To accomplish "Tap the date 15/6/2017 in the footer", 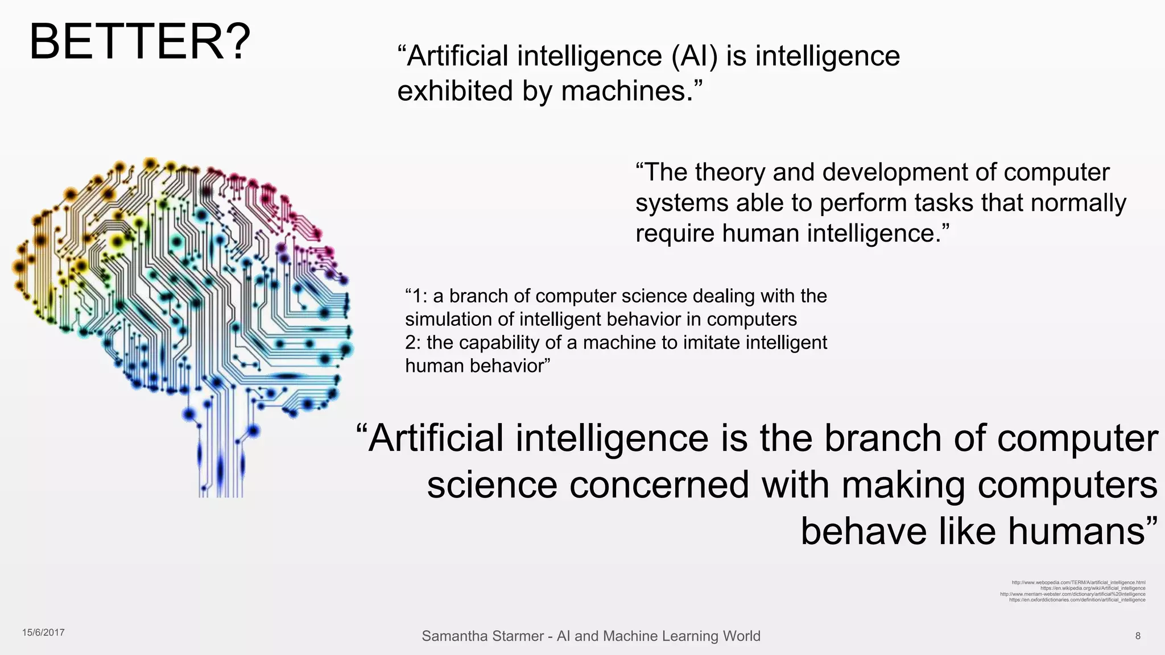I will [x=43, y=632].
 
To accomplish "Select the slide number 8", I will [x=1138, y=636].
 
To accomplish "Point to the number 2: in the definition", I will [x=414, y=343].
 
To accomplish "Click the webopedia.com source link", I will [x=1079, y=583].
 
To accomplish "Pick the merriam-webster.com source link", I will [x=1073, y=594].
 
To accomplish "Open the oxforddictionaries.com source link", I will [x=1077, y=600].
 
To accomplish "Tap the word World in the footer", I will [x=741, y=636].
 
